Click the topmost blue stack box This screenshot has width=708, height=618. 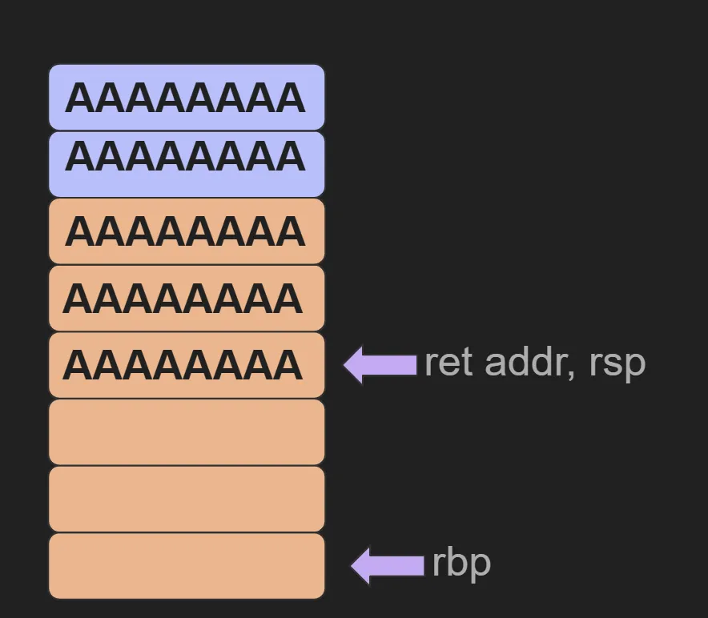click(187, 97)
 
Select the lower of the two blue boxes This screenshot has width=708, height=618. click(187, 164)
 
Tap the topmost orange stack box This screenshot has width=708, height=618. click(187, 231)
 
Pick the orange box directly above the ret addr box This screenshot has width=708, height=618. click(187, 298)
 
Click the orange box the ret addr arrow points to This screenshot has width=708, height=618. click(187, 365)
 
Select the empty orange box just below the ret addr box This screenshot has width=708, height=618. click(187, 432)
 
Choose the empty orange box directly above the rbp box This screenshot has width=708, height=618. click(187, 499)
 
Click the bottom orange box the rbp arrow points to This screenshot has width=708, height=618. click(187, 566)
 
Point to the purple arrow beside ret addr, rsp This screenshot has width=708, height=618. click(380, 364)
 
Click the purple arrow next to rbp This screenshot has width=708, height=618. click(387, 565)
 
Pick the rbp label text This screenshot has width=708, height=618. click(461, 564)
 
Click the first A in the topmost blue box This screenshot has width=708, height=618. click(80, 98)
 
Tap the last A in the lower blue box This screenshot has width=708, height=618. click(290, 157)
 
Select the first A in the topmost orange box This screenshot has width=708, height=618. click(80, 232)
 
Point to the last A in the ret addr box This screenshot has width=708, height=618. click(288, 366)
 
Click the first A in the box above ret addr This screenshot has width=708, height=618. click(78, 299)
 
